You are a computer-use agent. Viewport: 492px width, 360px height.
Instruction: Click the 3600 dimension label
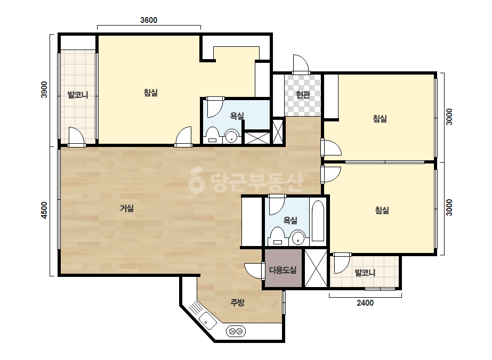[149, 20]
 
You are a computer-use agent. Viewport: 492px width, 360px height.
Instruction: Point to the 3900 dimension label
[44, 89]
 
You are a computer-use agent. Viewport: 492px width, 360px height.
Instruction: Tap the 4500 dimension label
[44, 210]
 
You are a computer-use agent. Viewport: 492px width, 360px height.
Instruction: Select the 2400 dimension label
[365, 302]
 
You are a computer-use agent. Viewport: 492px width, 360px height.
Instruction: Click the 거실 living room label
[127, 208]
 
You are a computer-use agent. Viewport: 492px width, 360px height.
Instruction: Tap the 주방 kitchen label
[237, 302]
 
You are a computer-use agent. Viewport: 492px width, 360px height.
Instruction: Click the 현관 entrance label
[303, 94]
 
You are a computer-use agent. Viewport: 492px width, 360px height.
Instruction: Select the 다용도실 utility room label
[283, 270]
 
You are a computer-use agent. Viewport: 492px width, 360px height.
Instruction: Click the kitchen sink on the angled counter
[208, 321]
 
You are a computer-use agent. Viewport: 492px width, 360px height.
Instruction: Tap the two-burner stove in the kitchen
[236, 331]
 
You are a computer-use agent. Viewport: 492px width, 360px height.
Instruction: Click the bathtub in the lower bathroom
[318, 221]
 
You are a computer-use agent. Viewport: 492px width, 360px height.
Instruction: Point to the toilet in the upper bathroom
[213, 135]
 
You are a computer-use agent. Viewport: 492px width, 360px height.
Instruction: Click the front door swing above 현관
[301, 64]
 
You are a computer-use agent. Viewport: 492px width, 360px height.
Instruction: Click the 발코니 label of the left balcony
[78, 94]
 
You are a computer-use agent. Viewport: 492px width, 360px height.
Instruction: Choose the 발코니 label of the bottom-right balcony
[365, 273]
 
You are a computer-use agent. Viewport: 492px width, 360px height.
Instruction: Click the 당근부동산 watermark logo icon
[197, 179]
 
